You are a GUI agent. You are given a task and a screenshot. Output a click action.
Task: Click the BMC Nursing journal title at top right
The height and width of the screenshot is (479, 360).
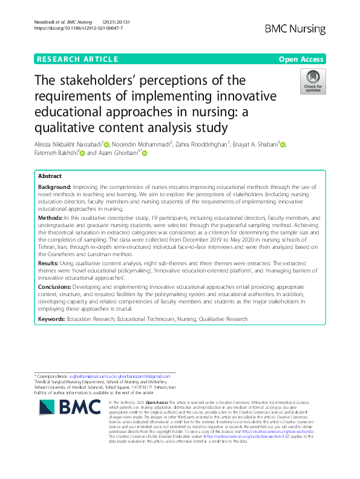[x=295, y=28]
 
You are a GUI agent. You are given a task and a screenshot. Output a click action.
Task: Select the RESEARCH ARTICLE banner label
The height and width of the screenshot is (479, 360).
[x=77, y=59]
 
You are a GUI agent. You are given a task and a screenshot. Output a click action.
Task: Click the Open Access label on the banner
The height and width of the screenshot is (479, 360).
[x=302, y=59]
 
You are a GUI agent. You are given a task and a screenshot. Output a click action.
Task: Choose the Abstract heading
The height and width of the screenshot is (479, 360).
[x=50, y=176]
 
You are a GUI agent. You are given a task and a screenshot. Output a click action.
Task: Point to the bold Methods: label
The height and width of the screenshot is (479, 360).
[x=51, y=217]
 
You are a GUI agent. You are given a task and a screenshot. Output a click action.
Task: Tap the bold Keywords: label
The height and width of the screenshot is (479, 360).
[x=54, y=319]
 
